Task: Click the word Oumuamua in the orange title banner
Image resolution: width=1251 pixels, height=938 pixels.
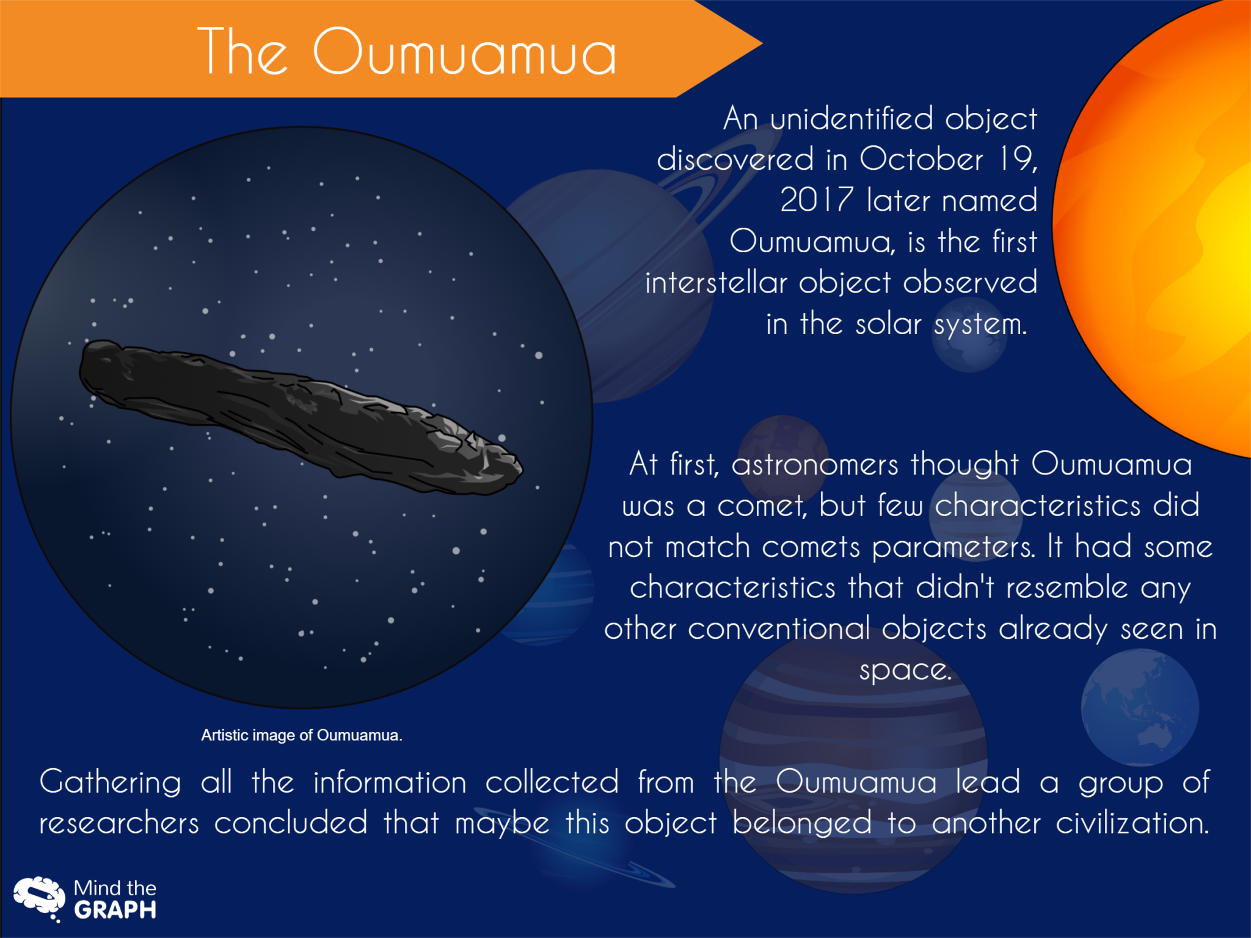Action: click(464, 53)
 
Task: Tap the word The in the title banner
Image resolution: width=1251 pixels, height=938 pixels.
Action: click(243, 53)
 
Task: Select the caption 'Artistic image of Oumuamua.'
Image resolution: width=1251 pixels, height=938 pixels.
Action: click(302, 735)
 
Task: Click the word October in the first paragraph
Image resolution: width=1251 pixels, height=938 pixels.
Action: click(921, 159)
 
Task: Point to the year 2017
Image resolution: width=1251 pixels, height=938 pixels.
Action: click(816, 200)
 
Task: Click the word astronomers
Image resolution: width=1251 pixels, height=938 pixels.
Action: click(814, 465)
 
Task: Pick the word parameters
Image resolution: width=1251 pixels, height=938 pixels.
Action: click(954, 548)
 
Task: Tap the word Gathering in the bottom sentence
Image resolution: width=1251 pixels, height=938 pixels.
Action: click(111, 783)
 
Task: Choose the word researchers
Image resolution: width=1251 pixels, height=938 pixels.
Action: click(119, 824)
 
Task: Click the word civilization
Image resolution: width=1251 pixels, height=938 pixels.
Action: click(1132, 824)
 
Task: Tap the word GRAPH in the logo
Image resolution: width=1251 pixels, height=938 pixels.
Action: click(115, 911)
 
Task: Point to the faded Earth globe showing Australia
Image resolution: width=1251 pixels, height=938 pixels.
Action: click(1140, 707)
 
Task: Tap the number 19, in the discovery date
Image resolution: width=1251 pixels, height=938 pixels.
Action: click(1018, 159)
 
